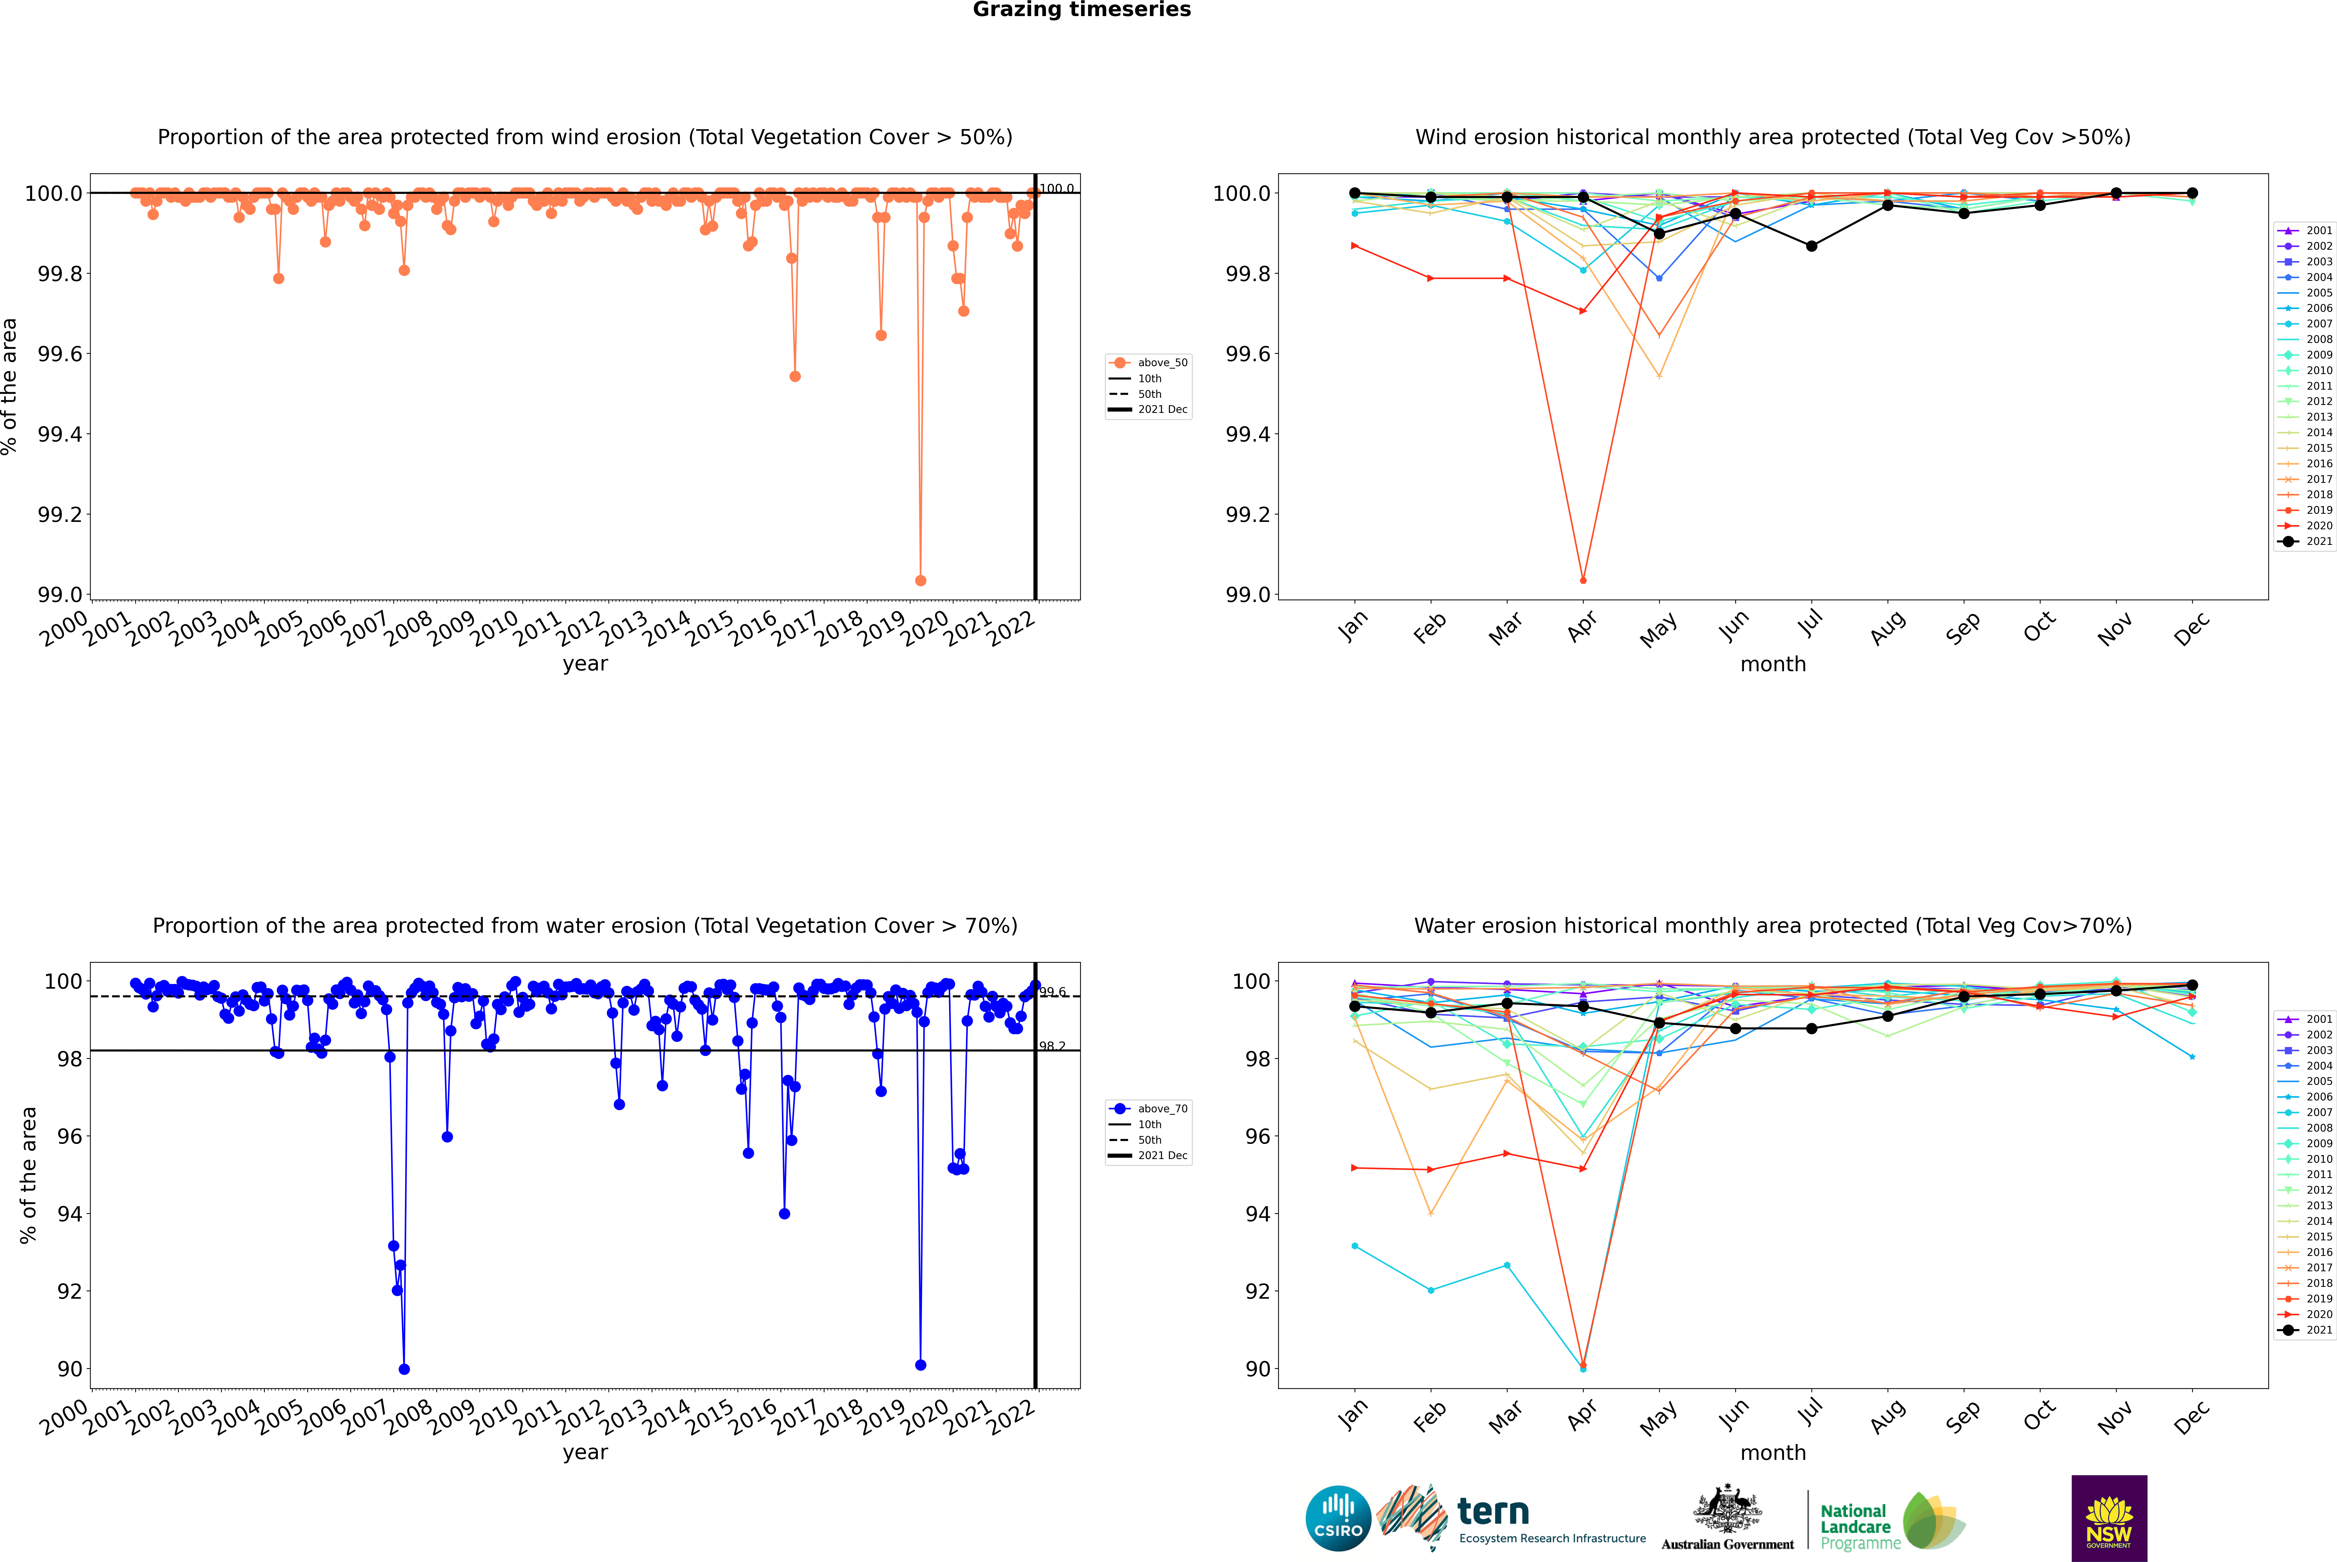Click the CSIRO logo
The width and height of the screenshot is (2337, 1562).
point(1338,1518)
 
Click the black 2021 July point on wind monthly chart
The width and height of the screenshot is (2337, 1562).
point(1811,246)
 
